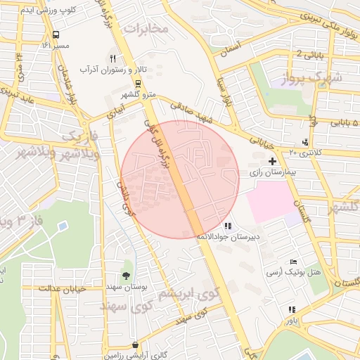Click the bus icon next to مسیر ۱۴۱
(56, 34)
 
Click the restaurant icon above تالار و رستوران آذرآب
(112, 58)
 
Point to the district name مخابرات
(147, 29)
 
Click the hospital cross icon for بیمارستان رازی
(272, 162)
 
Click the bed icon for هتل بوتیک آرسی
(293, 262)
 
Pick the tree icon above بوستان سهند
(127, 275)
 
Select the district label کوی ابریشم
(187, 292)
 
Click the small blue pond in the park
(63, 226)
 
